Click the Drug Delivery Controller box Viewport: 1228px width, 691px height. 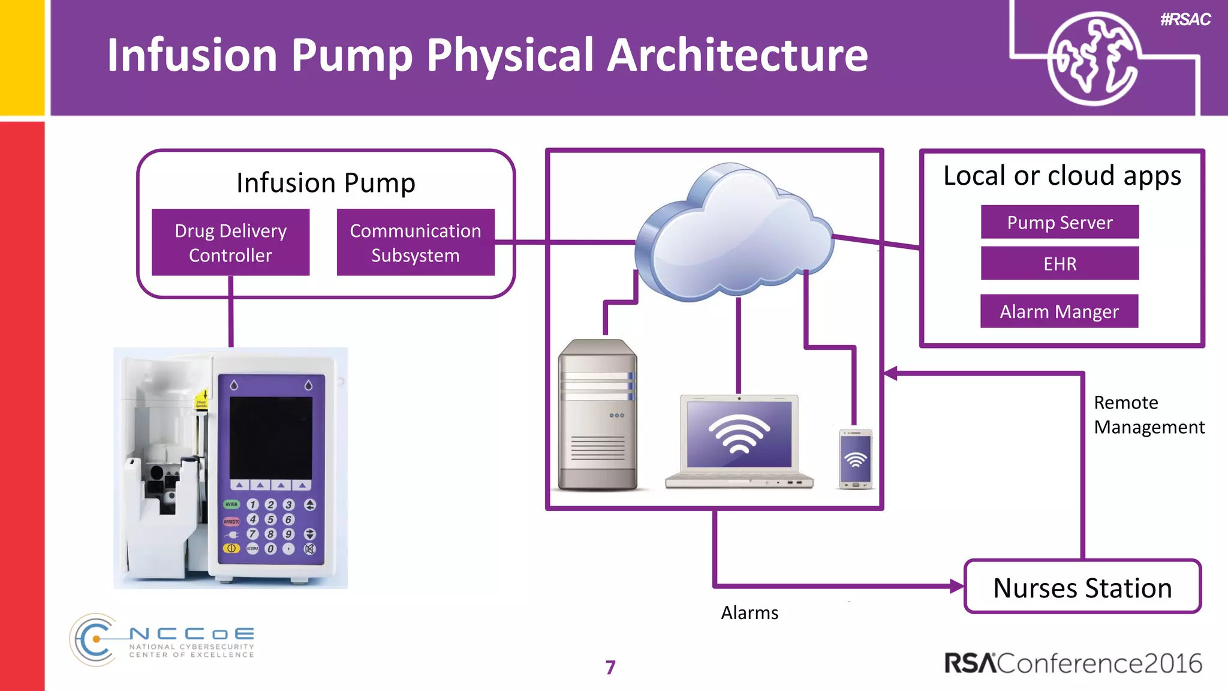coord(230,242)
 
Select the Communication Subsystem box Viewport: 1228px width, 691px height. coord(415,242)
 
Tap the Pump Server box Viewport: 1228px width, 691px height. coord(1060,223)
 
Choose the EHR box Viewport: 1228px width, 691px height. coord(1060,264)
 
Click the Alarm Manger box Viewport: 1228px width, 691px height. coord(1059,311)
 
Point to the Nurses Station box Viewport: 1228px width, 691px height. coord(1082,587)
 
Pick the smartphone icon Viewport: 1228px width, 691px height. coord(856,459)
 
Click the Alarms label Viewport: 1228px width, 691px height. coord(750,613)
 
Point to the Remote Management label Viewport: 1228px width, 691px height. coord(1148,414)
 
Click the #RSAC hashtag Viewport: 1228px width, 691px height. coord(1185,20)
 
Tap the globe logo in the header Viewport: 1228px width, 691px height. coord(1092,59)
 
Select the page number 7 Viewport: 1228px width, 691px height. coord(610,668)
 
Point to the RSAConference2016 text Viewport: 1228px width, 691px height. coord(1073,663)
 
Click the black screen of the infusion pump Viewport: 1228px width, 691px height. coord(271,437)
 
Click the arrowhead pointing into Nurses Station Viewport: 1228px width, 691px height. coord(957,586)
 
